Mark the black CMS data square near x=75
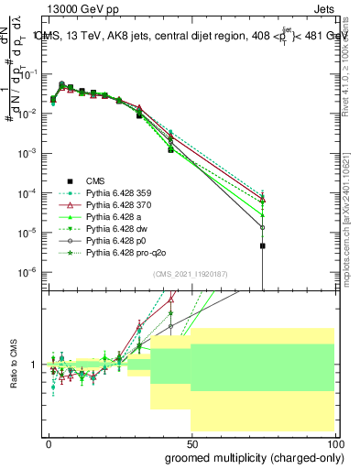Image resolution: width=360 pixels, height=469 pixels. (263, 245)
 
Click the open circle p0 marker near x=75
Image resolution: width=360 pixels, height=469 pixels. (263, 227)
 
